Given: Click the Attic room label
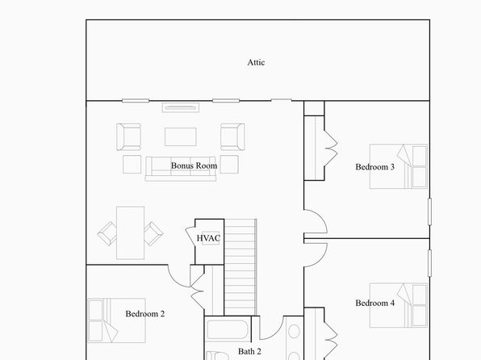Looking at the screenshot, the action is (x=256, y=62).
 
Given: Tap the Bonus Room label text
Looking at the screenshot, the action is (x=194, y=165).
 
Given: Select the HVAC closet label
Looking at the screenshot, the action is (x=208, y=238).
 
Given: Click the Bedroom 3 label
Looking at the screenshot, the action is (x=374, y=167).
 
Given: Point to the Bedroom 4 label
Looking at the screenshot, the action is (x=374, y=303).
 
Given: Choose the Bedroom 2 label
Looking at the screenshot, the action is (x=144, y=314).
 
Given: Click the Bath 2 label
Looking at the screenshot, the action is (x=249, y=351).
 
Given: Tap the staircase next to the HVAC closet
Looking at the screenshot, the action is (x=240, y=267).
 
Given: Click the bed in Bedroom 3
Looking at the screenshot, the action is (x=399, y=166).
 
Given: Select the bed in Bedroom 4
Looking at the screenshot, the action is (x=399, y=305).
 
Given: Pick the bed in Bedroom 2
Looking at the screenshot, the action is (x=116, y=320).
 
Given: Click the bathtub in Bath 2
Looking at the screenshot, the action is (x=228, y=330).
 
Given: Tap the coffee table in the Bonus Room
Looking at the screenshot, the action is (x=181, y=137).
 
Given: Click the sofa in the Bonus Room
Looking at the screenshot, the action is (x=181, y=169).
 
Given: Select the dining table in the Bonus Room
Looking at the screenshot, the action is (x=131, y=233).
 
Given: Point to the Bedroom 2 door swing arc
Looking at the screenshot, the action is (x=174, y=281).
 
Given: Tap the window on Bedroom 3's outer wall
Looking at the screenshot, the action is (x=429, y=211).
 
